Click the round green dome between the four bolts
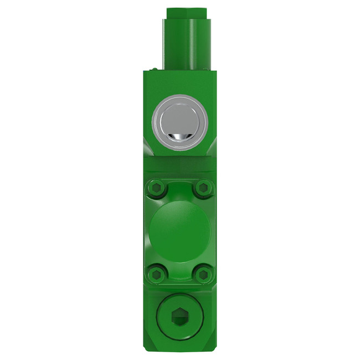180,229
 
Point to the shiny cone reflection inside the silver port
180,137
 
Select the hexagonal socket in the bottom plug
180,318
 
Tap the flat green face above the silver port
180,83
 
